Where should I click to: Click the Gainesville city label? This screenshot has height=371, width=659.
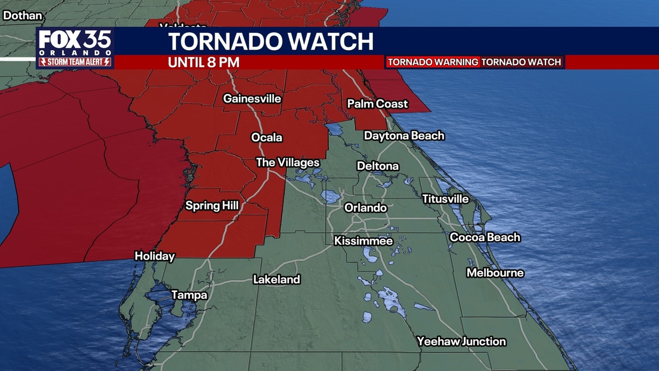click(x=252, y=99)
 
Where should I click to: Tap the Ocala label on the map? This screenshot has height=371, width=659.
click(x=267, y=138)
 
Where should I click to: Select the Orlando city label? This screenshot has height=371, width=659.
click(x=365, y=208)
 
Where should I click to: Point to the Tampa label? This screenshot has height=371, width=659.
click(x=189, y=295)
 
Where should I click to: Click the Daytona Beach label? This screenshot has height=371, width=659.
click(x=404, y=135)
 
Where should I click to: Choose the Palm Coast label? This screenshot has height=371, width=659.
click(x=377, y=104)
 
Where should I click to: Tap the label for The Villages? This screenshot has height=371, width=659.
click(x=288, y=163)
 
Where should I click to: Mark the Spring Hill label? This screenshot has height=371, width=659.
click(x=212, y=206)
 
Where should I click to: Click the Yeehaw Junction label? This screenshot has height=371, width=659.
click(x=461, y=341)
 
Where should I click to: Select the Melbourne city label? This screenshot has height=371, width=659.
click(x=495, y=273)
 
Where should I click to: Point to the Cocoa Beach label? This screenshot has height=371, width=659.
click(x=485, y=237)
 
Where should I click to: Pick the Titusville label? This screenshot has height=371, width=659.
click(x=445, y=199)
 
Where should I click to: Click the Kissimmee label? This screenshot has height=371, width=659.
click(x=363, y=241)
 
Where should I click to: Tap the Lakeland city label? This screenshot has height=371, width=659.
click(x=277, y=280)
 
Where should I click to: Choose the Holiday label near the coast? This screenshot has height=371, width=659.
click(x=155, y=257)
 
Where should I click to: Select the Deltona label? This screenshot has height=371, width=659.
click(x=378, y=166)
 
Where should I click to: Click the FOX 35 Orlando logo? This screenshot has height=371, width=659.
click(x=75, y=48)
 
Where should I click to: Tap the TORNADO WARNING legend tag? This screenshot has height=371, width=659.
click(x=432, y=62)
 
